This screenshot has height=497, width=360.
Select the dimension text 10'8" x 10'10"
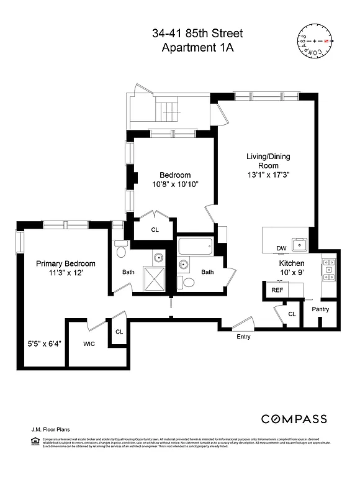[x=174, y=185]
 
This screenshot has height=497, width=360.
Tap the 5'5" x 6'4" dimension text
[x=44, y=344]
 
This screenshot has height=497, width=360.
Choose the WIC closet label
[x=89, y=344]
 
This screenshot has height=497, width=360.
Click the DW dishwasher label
[x=281, y=248]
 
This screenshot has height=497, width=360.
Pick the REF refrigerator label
[x=277, y=290]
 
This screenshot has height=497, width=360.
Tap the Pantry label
[x=320, y=309]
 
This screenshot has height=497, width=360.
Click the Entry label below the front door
[x=244, y=337]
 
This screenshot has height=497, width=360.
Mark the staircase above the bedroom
[x=169, y=112]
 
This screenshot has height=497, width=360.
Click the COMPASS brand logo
[x=294, y=419]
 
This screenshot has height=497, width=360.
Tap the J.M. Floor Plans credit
[x=49, y=429]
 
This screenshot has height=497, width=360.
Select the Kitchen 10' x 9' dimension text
[x=290, y=272]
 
